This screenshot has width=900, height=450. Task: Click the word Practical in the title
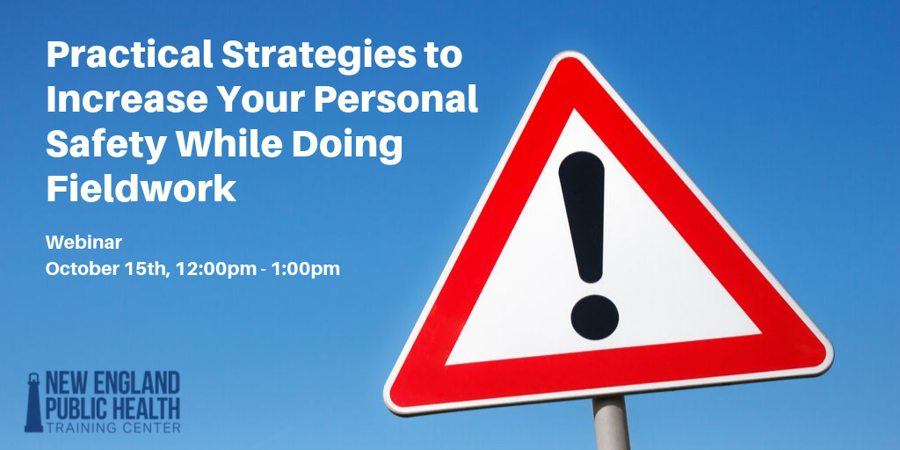(128, 55)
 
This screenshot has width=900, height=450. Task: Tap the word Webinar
(83, 243)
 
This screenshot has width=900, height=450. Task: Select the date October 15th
(107, 269)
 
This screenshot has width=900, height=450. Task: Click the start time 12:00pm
(216, 269)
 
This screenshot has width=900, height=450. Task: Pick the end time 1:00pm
(307, 269)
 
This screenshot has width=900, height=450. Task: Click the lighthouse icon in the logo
(34, 402)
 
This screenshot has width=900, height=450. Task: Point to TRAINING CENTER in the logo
(113, 427)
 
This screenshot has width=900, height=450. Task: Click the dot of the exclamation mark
(595, 316)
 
